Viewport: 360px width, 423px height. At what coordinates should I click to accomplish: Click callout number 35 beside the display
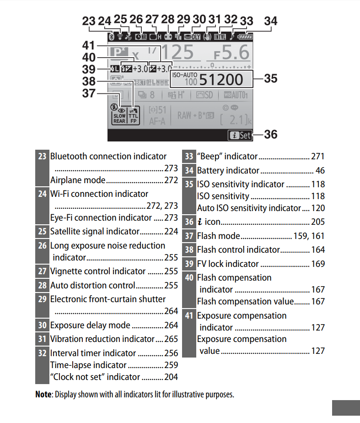[x=271, y=78]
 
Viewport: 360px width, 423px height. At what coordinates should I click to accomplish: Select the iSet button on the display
[x=240, y=135]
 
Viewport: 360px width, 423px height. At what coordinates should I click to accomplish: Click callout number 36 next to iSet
[x=271, y=135]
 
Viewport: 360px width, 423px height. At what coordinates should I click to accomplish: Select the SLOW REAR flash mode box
[x=119, y=114]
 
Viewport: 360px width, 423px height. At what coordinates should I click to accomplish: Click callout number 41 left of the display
[x=89, y=46]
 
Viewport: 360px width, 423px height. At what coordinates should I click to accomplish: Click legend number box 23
[x=42, y=156]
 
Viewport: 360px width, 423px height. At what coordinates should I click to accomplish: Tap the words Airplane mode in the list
[x=78, y=180]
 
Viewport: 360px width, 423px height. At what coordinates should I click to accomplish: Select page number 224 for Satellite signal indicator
[x=171, y=231]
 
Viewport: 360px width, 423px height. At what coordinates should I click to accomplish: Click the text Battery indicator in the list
[x=228, y=171]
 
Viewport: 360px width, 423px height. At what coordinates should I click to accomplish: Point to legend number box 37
[x=189, y=236]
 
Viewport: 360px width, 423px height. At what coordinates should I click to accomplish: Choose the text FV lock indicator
[x=228, y=264]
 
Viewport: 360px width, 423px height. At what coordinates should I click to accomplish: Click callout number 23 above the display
[x=89, y=21]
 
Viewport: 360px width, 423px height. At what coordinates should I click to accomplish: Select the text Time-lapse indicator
[x=88, y=365]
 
